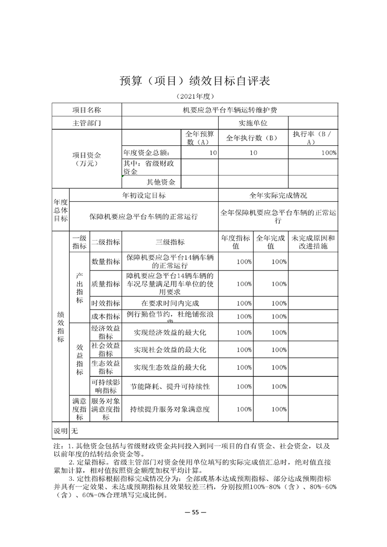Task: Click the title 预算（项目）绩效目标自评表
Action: tap(194, 81)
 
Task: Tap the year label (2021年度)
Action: tap(194, 96)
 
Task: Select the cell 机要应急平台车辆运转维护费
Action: tap(229, 110)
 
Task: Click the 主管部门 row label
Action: tap(86, 123)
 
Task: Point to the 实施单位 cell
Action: tap(253, 123)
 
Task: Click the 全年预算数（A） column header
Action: tap(200, 138)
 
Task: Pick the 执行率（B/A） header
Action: tap(313, 138)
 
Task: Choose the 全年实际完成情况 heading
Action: tap(278, 195)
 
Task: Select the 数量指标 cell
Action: tap(105, 262)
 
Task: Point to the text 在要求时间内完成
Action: tap(170, 303)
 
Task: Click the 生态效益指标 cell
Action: tap(105, 367)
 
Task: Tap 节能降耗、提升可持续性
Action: tap(170, 386)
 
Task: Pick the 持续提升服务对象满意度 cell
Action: tap(170, 410)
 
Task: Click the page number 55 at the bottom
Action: tap(194, 512)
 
